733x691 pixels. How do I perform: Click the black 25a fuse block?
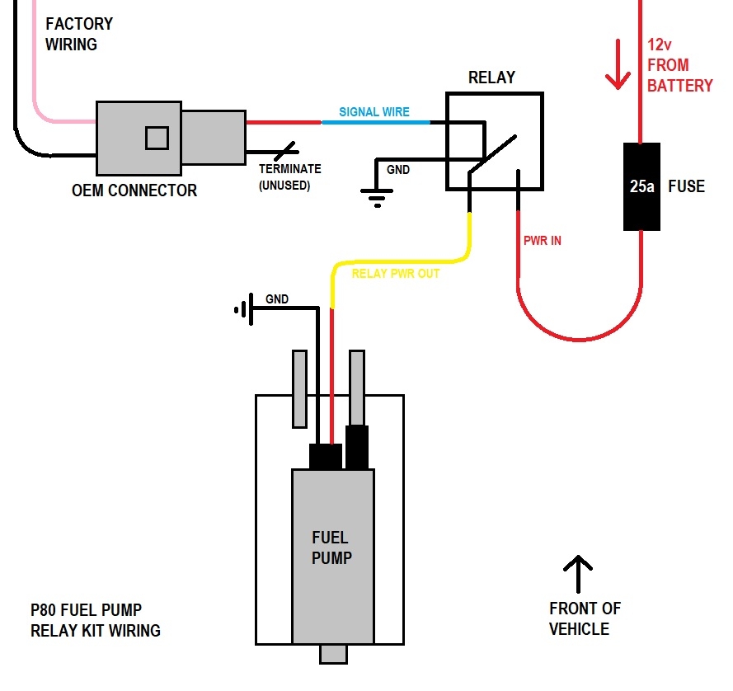[642, 186]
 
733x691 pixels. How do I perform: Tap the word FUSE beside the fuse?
[686, 186]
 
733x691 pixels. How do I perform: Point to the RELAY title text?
[491, 78]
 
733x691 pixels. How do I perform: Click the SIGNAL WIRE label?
[374, 112]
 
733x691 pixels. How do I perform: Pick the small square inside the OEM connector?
[157, 138]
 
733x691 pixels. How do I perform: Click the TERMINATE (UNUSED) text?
[290, 177]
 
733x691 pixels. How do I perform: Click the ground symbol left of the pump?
[242, 310]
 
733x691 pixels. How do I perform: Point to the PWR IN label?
[543, 242]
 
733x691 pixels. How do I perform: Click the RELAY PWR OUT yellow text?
[396, 274]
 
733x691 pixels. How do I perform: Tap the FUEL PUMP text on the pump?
[331, 548]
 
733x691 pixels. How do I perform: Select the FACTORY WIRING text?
[79, 34]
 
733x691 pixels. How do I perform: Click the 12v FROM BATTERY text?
[679, 64]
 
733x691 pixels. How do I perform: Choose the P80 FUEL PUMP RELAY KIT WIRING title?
[96, 620]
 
